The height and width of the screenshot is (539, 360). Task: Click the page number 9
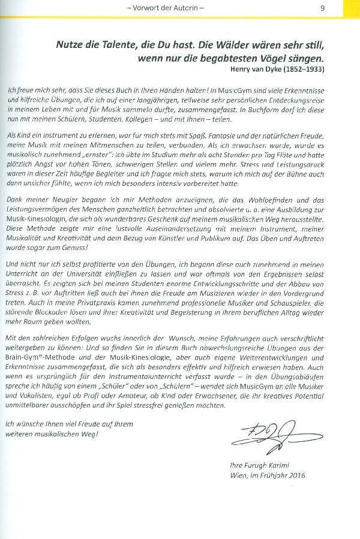coord(323,8)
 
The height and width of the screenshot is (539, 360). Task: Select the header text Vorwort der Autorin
coord(170,8)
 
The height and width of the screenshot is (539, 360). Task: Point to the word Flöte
coord(277,158)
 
